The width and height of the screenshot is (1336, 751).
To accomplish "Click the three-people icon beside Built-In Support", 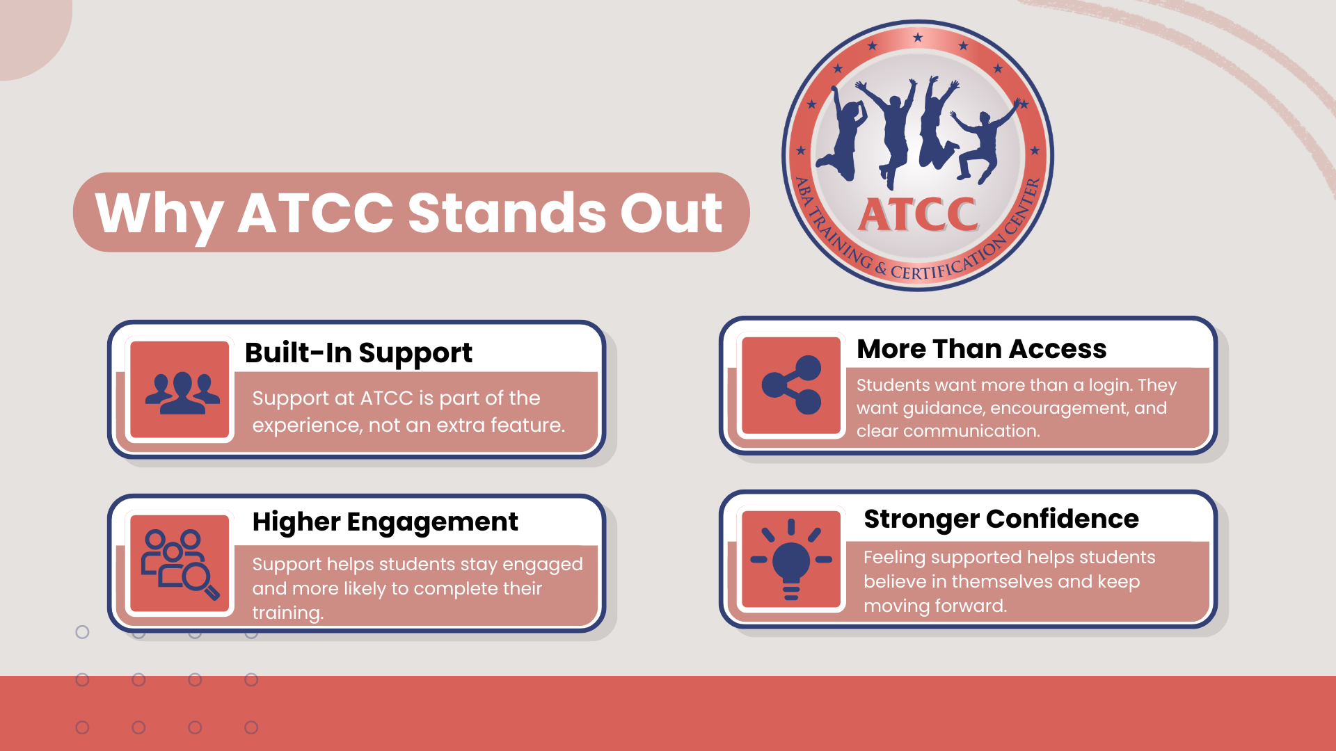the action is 182,393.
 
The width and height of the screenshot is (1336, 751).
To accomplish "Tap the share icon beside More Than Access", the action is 792,385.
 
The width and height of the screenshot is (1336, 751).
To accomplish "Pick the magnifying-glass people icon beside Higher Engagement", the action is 180,564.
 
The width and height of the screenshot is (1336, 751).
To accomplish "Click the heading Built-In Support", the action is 358,353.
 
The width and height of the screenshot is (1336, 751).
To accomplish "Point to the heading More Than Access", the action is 981,349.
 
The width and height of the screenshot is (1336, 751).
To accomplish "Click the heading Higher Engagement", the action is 385,522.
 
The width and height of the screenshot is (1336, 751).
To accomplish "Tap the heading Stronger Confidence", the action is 1001,519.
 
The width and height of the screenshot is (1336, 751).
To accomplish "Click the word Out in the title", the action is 671,213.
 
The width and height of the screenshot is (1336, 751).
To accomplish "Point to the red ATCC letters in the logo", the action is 918,214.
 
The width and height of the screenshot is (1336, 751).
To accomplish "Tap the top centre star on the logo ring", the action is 918,38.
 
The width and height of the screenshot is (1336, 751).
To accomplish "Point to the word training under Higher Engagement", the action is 287,613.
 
